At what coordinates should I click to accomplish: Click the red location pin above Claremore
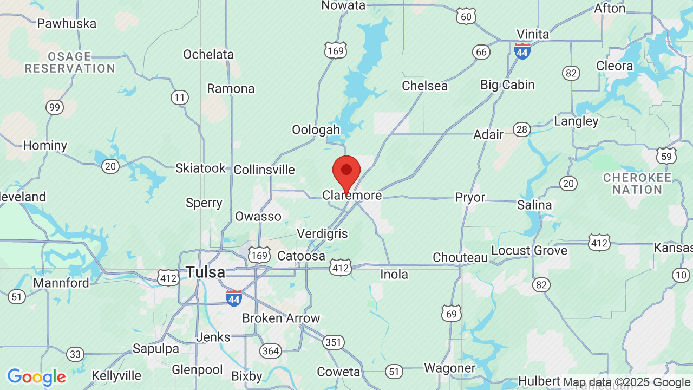pyautogui.click(x=346, y=171)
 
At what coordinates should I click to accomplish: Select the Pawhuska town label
pyautogui.click(x=67, y=23)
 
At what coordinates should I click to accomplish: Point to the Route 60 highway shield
pyautogui.click(x=466, y=17)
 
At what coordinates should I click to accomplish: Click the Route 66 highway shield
pyautogui.click(x=481, y=52)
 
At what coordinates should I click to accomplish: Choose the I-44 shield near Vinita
pyautogui.click(x=522, y=51)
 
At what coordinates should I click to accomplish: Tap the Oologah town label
pyautogui.click(x=316, y=129)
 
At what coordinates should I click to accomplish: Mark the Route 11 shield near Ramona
pyautogui.click(x=180, y=97)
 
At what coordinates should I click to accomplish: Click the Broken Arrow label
pyautogui.click(x=281, y=318)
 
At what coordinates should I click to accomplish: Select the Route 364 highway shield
pyautogui.click(x=270, y=351)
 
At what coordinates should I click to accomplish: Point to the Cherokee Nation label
pyautogui.click(x=637, y=184)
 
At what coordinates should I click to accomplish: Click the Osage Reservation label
pyautogui.click(x=70, y=62)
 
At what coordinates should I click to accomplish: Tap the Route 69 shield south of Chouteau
pyautogui.click(x=451, y=313)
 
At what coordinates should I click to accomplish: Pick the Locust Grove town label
pyautogui.click(x=529, y=250)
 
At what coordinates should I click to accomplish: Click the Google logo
pyautogui.click(x=36, y=377)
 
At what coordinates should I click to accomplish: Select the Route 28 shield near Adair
pyautogui.click(x=522, y=129)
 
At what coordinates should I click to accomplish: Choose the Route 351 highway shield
pyautogui.click(x=333, y=342)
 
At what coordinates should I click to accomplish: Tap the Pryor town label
pyautogui.click(x=470, y=198)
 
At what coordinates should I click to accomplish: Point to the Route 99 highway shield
pyautogui.click(x=54, y=107)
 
